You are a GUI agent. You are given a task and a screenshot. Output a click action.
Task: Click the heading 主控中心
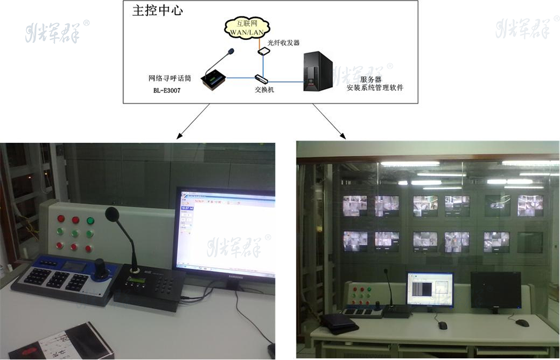(x=157, y=11)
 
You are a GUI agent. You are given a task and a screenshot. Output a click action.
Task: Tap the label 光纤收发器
(x=283, y=43)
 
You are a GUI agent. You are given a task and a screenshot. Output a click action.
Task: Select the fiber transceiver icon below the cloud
(x=264, y=51)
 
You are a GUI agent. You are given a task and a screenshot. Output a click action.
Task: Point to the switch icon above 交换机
(x=260, y=78)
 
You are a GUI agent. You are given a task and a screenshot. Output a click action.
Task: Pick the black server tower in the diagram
(x=318, y=72)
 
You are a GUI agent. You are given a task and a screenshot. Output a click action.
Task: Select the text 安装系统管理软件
(x=375, y=88)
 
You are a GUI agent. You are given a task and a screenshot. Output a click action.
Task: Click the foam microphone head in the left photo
(x=112, y=213)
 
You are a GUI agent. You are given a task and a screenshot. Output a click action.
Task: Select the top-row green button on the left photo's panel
(x=90, y=221)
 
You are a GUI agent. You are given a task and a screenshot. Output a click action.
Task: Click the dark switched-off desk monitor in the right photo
(x=495, y=290)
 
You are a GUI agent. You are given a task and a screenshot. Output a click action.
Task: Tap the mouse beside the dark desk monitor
(x=522, y=323)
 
